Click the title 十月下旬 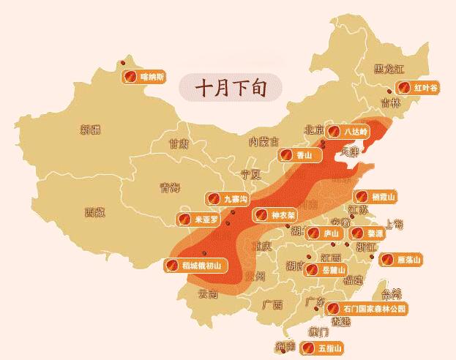point(229,87)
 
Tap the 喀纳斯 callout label point(143,76)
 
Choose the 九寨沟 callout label point(228,198)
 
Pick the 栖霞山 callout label point(375,197)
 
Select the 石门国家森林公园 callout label point(366,309)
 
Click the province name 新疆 point(91,130)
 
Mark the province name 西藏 point(94,213)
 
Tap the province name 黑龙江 point(388,70)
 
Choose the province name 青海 point(170,188)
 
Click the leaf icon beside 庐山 point(313,233)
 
